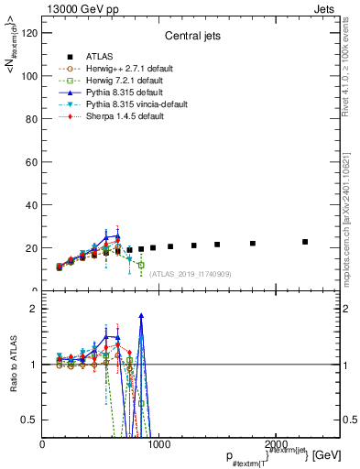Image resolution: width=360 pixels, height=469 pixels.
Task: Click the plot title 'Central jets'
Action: tap(190, 38)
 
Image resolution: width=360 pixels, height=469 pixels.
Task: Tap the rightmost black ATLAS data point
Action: tap(305, 242)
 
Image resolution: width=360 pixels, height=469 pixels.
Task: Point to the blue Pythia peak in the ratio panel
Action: tap(141, 315)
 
